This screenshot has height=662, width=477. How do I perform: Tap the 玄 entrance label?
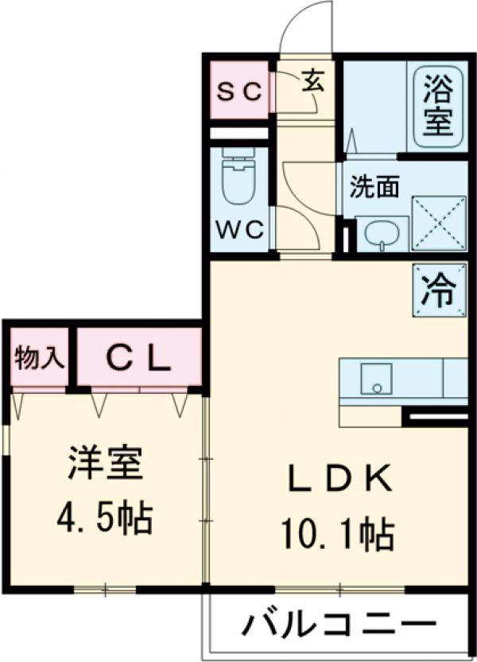click(312, 83)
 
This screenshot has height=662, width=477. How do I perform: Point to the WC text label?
click(240, 229)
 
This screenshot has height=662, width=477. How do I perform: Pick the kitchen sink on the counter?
click(375, 378)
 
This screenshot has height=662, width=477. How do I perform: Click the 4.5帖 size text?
click(103, 520)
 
